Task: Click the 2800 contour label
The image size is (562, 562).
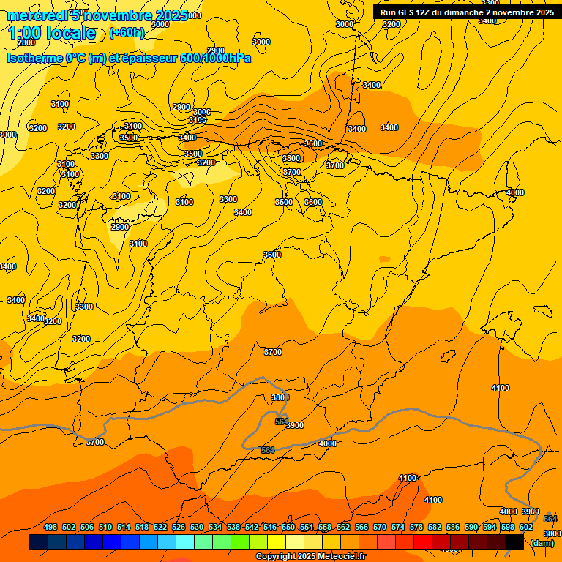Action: pyautogui.click(x=26, y=42)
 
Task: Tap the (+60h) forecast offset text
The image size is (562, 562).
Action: pyautogui.click(x=127, y=33)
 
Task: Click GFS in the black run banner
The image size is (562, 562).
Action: pyautogui.click(x=408, y=12)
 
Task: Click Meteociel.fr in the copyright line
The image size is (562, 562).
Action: pyautogui.click(x=341, y=557)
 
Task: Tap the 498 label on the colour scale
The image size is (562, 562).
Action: pyautogui.click(x=50, y=528)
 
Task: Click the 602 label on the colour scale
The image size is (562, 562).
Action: pyautogui.click(x=526, y=528)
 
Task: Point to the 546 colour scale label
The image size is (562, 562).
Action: pyautogui.click(x=270, y=528)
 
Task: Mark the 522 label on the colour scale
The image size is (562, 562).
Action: pyautogui.click(x=160, y=528)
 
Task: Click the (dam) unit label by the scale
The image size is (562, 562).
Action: pyautogui.click(x=542, y=543)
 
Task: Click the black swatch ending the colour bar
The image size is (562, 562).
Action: pyautogui.click(x=514, y=542)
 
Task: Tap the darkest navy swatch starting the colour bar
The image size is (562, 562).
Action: pyautogui.click(x=39, y=542)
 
